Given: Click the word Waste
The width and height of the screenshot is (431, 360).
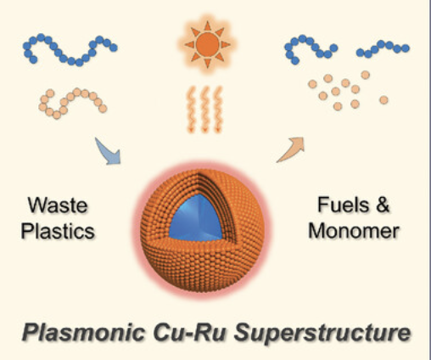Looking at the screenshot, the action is click(58, 205).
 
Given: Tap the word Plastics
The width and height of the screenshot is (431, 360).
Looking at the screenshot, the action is click(58, 231).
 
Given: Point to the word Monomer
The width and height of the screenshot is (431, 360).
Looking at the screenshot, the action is click(354, 231).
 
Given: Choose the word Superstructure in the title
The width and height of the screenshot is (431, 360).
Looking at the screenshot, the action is click(322, 332).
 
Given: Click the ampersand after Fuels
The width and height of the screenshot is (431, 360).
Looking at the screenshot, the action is click(383, 205).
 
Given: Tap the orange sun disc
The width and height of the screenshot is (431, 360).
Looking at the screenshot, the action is click(207, 44).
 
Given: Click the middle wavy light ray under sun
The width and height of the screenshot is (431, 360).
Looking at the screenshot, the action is click(204, 110).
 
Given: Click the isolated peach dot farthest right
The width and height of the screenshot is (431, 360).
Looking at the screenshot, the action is click(383, 100).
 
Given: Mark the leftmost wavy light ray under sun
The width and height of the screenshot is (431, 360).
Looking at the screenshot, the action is click(192, 110).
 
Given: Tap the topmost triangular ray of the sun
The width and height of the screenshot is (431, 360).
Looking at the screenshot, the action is click(207, 26).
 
